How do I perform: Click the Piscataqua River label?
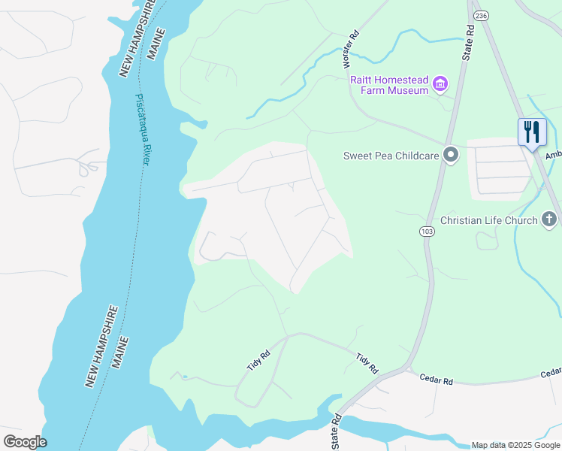(142, 129)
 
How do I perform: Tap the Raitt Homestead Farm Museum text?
(388, 84)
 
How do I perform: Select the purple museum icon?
(441, 84)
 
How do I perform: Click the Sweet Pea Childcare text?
(390, 156)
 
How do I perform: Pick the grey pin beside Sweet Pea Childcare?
(451, 156)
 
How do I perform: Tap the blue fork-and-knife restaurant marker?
(532, 133)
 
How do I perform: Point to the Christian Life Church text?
(488, 220)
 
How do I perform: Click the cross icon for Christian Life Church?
(549, 219)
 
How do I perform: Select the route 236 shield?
(482, 15)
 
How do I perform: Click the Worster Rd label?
(348, 47)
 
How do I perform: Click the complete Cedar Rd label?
(436, 380)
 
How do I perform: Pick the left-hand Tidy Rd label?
(258, 360)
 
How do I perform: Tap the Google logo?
(25, 442)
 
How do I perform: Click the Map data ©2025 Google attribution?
(515, 445)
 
